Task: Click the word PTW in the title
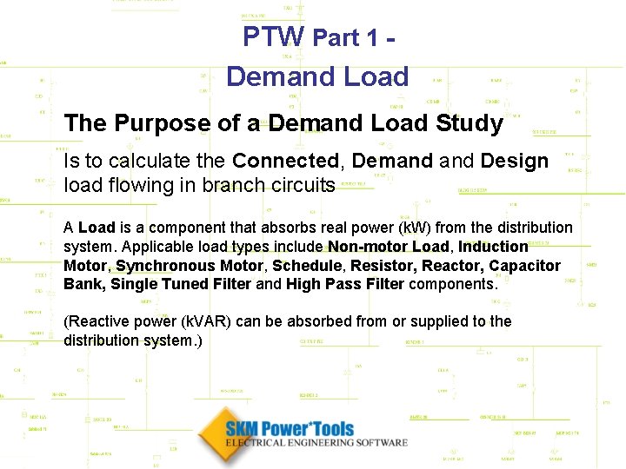click(x=273, y=36)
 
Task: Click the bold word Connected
click(x=285, y=161)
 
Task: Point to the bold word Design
click(x=515, y=161)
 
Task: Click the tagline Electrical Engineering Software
click(x=316, y=443)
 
